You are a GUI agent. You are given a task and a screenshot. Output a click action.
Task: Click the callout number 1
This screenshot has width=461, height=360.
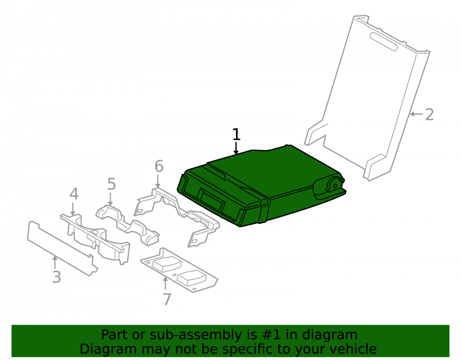click(x=236, y=134)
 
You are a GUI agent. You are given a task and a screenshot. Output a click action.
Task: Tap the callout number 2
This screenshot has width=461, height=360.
click(x=429, y=114)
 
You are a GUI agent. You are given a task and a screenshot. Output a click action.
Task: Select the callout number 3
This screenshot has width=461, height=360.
click(x=56, y=277)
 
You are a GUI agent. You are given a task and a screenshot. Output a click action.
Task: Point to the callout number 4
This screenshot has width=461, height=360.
click(x=74, y=194)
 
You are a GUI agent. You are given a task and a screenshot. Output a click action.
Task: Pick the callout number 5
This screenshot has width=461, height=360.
click(x=112, y=184)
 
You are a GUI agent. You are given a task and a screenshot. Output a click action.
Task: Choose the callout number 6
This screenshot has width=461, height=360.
click(x=159, y=166)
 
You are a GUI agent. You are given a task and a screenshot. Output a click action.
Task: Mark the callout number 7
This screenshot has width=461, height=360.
click(x=167, y=299)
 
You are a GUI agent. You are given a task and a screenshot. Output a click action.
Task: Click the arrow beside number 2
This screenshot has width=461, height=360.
click(x=416, y=114)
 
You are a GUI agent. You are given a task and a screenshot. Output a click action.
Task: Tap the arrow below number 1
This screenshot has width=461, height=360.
click(x=236, y=148)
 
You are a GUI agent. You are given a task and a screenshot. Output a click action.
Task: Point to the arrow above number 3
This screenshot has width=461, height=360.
click(x=54, y=262)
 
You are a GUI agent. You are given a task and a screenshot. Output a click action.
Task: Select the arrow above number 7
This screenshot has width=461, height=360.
click(x=165, y=283)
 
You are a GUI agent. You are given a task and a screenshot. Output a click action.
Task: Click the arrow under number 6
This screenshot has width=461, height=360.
click(x=158, y=181)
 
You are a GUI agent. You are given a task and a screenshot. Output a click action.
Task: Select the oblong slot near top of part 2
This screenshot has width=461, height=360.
click(x=384, y=42)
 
